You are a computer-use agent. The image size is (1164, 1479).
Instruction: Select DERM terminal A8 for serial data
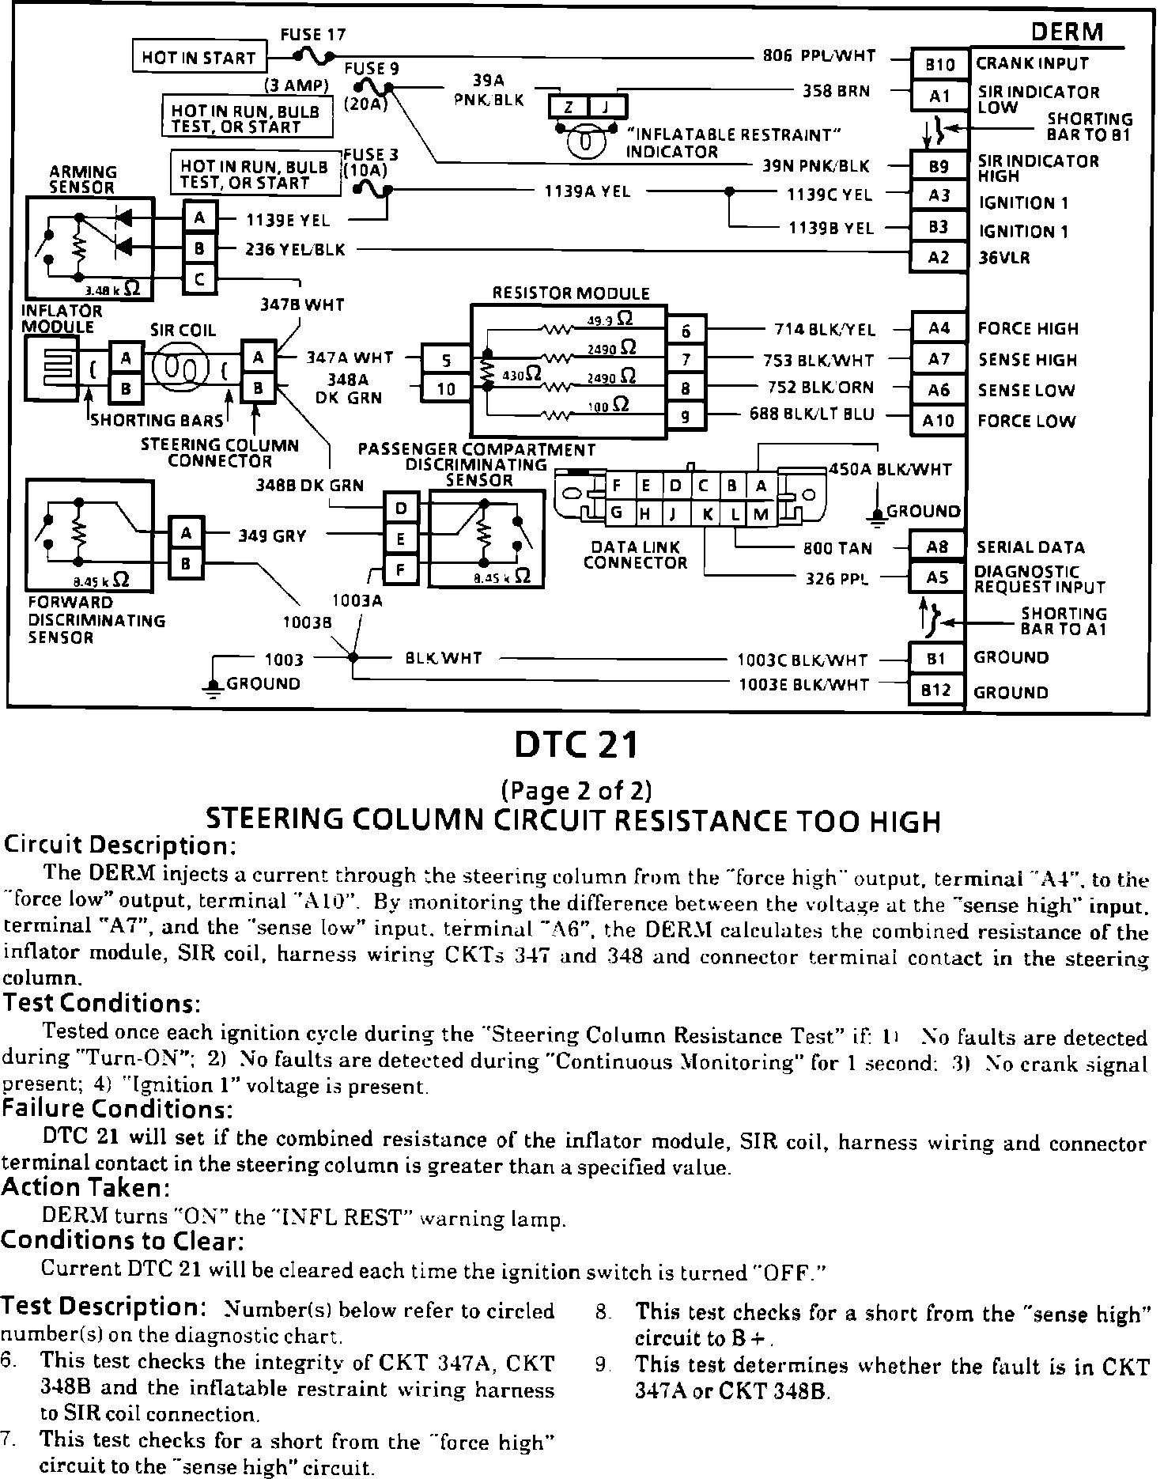click(x=938, y=547)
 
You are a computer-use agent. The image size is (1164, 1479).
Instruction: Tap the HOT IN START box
click(x=198, y=58)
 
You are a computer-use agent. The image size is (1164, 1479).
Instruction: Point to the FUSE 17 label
click(x=313, y=35)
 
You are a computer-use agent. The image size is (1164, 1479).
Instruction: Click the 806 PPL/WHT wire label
click(x=819, y=55)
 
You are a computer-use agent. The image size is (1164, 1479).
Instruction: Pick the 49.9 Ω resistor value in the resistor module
click(x=610, y=320)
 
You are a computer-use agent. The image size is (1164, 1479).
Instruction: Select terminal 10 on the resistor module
click(x=447, y=388)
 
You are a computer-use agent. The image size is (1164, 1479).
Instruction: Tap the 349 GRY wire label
click(x=272, y=536)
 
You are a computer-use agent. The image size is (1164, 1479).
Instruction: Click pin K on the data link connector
click(x=708, y=514)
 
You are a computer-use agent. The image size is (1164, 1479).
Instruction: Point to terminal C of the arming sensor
click(x=200, y=278)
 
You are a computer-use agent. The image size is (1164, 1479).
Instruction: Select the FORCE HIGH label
click(x=1028, y=329)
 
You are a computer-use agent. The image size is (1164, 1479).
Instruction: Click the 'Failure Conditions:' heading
click(x=117, y=1109)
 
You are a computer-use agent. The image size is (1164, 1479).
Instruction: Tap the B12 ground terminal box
click(x=937, y=690)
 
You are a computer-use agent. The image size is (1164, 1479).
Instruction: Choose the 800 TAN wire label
click(x=837, y=548)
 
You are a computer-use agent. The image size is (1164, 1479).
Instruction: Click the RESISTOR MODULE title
click(x=571, y=293)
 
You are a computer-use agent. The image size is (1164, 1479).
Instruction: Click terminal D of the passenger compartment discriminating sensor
click(x=401, y=507)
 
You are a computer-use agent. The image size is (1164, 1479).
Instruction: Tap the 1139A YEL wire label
click(x=588, y=191)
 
